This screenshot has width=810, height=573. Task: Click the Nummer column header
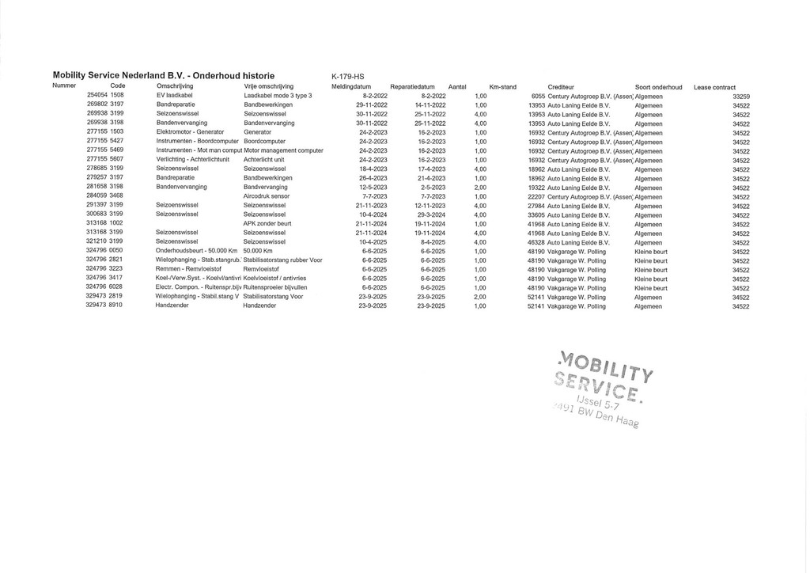pyautogui.click(x=64, y=86)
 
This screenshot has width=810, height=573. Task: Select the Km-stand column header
pyautogui.click(x=502, y=87)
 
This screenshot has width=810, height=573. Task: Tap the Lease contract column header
pyautogui.click(x=714, y=87)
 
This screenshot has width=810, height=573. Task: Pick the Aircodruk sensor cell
pyautogui.click(x=267, y=196)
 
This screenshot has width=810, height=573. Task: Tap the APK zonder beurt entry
pyautogui.click(x=267, y=224)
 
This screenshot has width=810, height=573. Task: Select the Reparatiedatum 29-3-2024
pyautogui.click(x=430, y=214)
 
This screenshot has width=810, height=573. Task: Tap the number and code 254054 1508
pyautogui.click(x=104, y=96)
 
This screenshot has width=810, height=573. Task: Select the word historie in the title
pyautogui.click(x=255, y=76)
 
